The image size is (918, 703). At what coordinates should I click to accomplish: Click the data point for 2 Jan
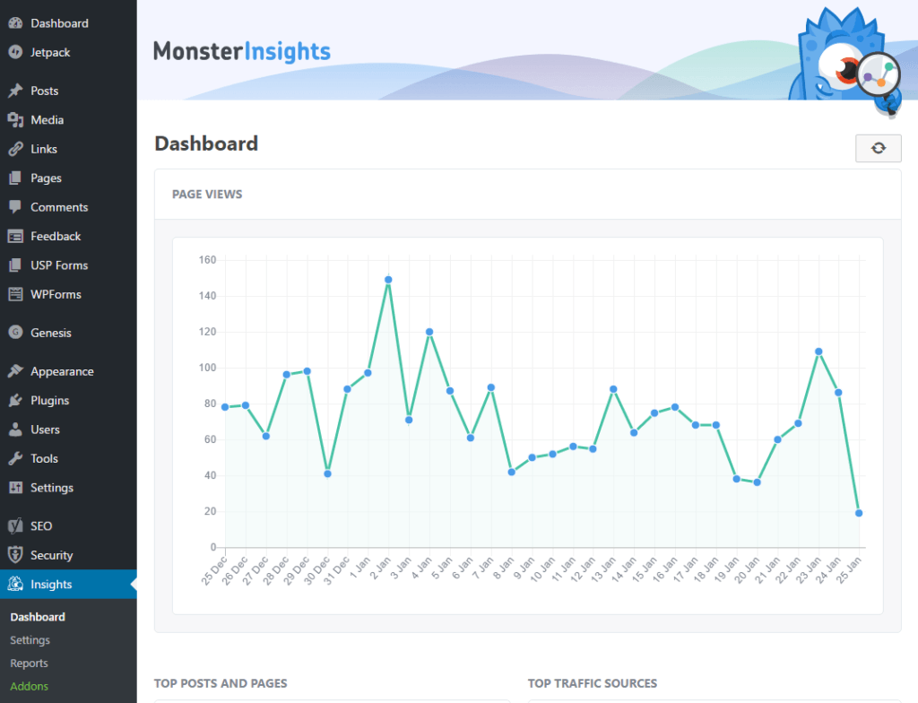click(388, 280)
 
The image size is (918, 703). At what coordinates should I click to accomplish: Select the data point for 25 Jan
click(859, 513)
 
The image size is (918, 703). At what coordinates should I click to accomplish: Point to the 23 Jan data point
click(818, 351)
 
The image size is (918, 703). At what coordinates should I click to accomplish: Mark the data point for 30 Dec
click(327, 474)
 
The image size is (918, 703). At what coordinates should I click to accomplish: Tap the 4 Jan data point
click(429, 332)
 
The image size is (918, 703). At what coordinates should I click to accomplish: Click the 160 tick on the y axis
click(207, 259)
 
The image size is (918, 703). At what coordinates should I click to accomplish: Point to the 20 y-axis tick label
click(210, 511)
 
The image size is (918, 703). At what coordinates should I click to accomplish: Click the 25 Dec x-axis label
click(214, 570)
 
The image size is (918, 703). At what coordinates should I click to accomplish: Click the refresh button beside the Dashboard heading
click(879, 148)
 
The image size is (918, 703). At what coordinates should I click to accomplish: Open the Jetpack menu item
click(50, 52)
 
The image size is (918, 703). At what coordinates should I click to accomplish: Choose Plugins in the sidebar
click(50, 401)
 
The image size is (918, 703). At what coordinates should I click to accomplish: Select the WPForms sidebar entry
click(56, 295)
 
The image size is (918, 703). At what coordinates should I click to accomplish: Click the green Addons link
click(30, 686)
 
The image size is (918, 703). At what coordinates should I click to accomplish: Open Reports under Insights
click(30, 664)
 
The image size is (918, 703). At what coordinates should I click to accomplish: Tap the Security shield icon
click(15, 555)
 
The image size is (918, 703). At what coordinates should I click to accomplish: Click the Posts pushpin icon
click(15, 91)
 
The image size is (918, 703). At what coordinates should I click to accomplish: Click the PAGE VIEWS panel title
click(207, 195)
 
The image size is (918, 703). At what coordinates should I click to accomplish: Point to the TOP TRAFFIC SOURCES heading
click(593, 683)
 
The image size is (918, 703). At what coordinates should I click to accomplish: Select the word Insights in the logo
click(288, 51)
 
